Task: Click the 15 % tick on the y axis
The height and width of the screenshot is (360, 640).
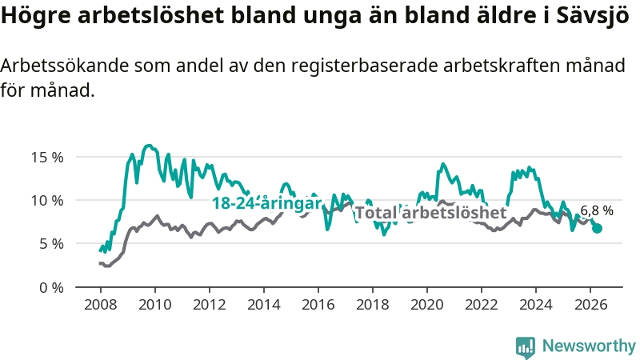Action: [x=47, y=157]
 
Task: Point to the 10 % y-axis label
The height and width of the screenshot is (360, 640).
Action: [x=47, y=201]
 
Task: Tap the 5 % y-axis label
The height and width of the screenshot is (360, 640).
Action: [x=52, y=244]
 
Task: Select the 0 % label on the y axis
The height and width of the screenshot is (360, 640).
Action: [x=52, y=288]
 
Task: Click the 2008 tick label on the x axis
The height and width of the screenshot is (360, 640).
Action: [x=101, y=305]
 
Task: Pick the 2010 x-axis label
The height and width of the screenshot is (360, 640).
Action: [x=155, y=305]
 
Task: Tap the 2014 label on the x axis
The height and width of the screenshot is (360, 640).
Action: [x=264, y=305]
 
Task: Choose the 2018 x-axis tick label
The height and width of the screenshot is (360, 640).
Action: [x=373, y=305]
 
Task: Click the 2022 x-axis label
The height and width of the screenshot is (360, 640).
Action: [x=482, y=305]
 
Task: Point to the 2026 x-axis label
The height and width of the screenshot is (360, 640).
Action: [x=590, y=305]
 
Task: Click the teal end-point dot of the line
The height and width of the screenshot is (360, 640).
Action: [x=597, y=228]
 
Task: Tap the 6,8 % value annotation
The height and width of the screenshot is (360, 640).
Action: [x=597, y=210]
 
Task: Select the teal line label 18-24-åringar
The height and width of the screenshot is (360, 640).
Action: [x=267, y=203]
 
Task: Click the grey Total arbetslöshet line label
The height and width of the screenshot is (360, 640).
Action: [x=431, y=213]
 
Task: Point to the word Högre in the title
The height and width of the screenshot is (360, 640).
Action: [x=36, y=16]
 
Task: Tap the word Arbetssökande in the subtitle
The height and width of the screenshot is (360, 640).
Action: [x=65, y=66]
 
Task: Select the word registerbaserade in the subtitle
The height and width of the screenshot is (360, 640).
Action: [x=365, y=66]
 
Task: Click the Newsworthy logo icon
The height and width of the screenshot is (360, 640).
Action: [x=526, y=347]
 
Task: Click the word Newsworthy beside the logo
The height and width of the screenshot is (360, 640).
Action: [x=589, y=346]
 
